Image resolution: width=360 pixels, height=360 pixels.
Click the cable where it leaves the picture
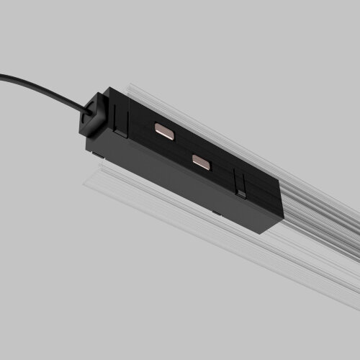coord(2,74)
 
